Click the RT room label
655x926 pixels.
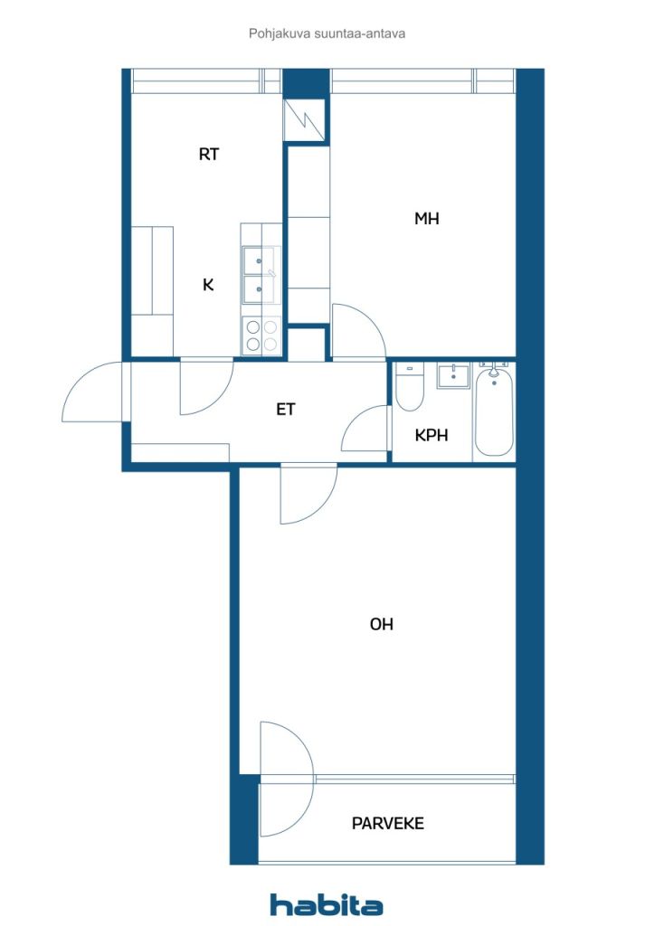tap(208, 154)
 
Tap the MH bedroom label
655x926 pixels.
tap(426, 219)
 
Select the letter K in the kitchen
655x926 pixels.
tap(208, 285)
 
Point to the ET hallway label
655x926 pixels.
tap(285, 409)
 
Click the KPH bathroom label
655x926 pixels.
tap(432, 435)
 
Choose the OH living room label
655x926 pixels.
tap(381, 624)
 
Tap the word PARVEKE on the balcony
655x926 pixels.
tap(387, 823)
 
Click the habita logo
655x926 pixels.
tap(326, 904)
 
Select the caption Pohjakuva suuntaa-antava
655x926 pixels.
tap(327, 33)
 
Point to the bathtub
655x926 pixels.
tap(494, 411)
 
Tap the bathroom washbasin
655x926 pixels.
tap(453, 376)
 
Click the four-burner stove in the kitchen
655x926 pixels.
tap(261, 335)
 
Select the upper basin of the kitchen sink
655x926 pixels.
tap(259, 260)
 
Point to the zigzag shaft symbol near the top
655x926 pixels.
tap(304, 120)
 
